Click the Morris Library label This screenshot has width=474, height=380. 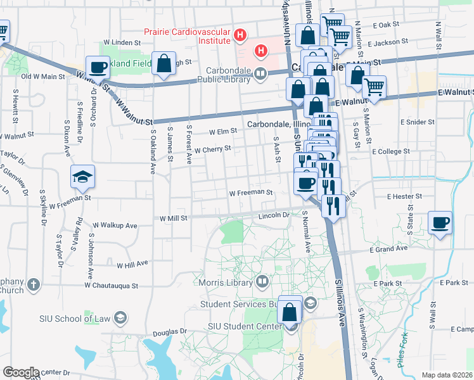[x=226, y=281]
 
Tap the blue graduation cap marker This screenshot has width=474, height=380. [x=82, y=177]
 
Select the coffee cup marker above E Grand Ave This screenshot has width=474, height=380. [x=440, y=223]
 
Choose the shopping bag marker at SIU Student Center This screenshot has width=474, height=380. [x=290, y=312]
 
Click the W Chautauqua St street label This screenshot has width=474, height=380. [x=112, y=286]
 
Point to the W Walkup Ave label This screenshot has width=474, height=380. [x=115, y=225]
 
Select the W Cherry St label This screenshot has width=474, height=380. [x=212, y=150]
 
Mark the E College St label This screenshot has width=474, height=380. [x=391, y=152]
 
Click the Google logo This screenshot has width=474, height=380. [x=20, y=372]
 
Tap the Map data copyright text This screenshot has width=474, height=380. [x=446, y=375]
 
